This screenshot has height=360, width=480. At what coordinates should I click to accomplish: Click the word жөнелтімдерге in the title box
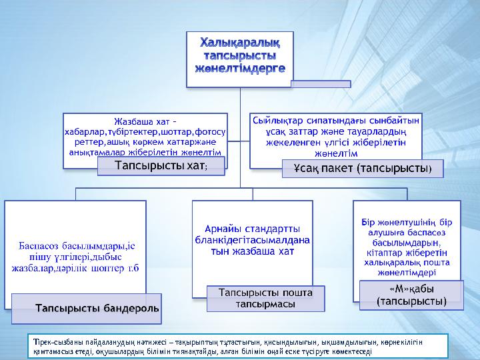(x=239, y=67)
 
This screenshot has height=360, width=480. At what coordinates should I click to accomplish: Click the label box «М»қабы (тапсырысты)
(x=411, y=295)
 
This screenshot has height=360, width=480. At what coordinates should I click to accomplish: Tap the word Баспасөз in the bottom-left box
(x=39, y=245)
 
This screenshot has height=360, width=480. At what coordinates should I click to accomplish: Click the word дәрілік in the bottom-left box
(x=91, y=268)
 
